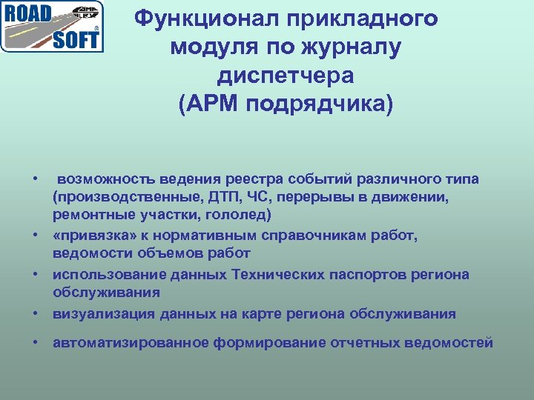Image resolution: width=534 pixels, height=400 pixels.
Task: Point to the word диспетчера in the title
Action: (x=286, y=76)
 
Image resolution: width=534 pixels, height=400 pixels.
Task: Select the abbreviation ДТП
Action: (x=220, y=197)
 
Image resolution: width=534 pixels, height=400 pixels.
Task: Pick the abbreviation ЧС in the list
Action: (x=257, y=197)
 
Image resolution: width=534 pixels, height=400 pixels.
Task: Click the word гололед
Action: (x=241, y=215)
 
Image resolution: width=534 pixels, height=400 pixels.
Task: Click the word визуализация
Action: (x=104, y=313)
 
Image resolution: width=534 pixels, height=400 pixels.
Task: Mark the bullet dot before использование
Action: (x=35, y=275)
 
